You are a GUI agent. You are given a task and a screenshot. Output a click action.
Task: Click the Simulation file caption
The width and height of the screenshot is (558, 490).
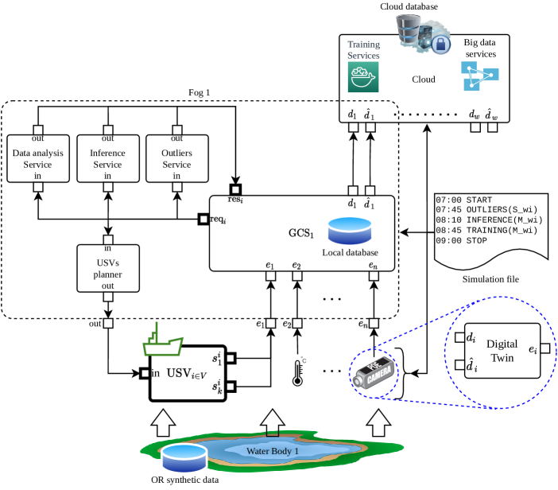pyautogui.click(x=486, y=280)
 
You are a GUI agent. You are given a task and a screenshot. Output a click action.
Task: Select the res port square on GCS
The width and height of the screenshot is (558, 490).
pyautogui.click(x=234, y=189)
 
